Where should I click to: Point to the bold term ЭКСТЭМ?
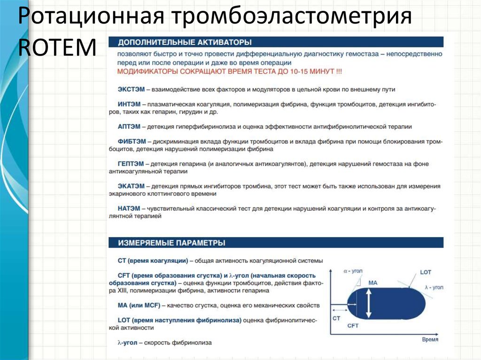131,89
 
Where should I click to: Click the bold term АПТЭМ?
129,127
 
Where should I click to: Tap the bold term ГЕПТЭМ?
131,164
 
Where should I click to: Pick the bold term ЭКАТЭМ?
131,186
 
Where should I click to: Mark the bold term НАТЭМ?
129,208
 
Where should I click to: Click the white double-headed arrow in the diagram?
369,303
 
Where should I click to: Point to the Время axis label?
430,339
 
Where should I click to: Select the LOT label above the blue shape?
425,272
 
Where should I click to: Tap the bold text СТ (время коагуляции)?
153,260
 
